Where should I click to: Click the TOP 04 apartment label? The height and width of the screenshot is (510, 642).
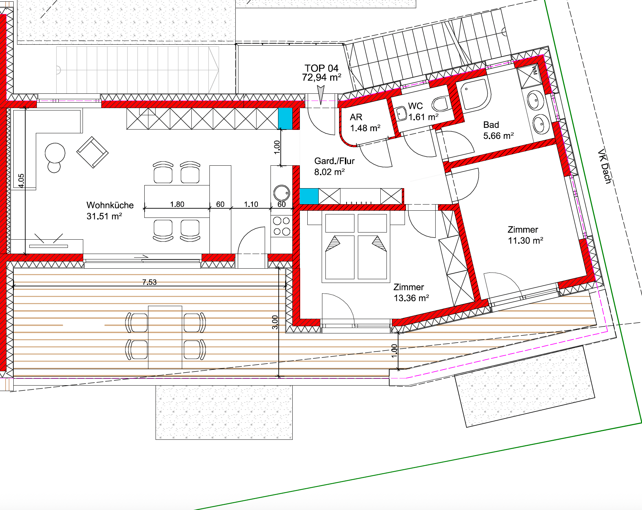[321, 68]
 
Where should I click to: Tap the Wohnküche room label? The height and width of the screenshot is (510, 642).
[110, 205]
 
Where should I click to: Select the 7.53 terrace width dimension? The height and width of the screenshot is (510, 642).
[149, 282]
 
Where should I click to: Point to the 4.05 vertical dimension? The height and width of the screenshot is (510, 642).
[21, 181]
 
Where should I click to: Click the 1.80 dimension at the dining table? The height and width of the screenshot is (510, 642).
[177, 204]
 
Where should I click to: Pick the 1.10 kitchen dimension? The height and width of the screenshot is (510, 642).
[251, 204]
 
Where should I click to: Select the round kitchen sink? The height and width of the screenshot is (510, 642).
[282, 193]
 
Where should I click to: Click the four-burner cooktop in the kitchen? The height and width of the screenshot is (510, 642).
[282, 226]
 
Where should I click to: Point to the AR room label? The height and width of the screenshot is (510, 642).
[356, 117]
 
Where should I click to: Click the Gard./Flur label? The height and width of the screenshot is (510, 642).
[334, 161]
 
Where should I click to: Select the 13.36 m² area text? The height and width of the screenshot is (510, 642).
[411, 298]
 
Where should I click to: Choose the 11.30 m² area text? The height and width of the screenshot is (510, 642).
[525, 241]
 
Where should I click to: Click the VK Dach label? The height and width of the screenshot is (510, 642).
[605, 166]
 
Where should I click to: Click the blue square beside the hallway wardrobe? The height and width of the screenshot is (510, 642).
[309, 196]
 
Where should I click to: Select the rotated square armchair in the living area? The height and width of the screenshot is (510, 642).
[92, 152]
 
